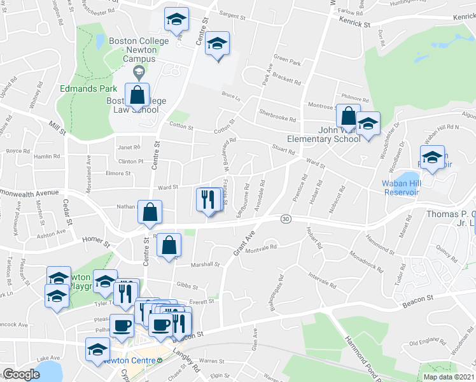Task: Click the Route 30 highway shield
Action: [286, 219]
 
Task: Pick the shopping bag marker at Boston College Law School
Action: [137, 95]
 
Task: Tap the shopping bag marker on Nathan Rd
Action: [150, 213]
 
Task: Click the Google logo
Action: [22, 374]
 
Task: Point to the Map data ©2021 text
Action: [449, 377]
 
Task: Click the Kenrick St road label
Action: [354, 24]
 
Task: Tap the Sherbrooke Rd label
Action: [277, 115]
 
